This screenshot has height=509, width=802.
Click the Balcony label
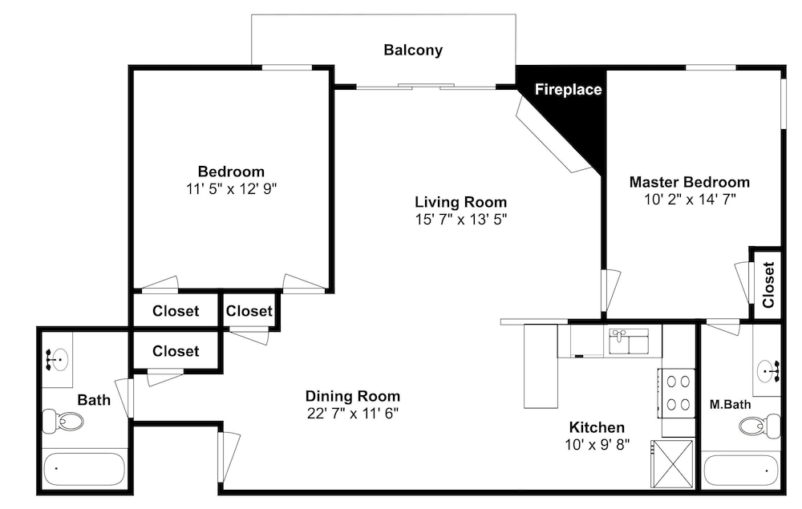coord(413,50)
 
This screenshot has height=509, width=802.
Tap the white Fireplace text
coord(568,90)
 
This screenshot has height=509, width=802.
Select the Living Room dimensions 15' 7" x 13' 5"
coord(461,220)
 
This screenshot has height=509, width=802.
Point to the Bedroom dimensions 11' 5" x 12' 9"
coord(231,189)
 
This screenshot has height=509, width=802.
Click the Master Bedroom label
coord(690,182)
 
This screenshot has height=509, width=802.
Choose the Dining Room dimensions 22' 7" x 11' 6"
coord(352,413)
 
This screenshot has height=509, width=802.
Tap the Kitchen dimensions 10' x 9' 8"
coord(597,445)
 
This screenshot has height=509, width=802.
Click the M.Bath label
coord(730,405)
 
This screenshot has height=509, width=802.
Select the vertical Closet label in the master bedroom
coord(768,285)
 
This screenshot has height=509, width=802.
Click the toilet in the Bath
coord(63,421)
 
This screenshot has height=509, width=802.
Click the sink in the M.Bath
coord(768,370)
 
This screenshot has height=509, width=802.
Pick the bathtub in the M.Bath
coord(741,471)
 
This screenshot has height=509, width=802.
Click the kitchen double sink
coord(629,341)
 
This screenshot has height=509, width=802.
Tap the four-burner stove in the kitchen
coord(676,393)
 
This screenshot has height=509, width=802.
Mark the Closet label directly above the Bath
coord(176,351)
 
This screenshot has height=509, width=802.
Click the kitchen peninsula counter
coord(541,366)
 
